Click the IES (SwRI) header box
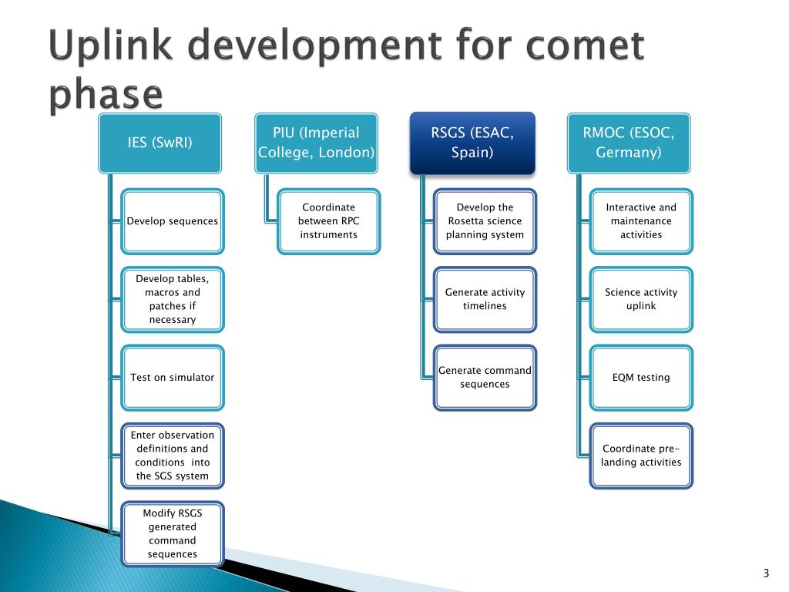click(x=159, y=143)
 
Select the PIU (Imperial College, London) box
click(x=317, y=143)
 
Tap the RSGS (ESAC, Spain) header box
click(x=472, y=143)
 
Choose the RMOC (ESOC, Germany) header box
click(x=629, y=143)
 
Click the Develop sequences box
click(x=173, y=221)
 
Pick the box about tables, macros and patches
click(x=173, y=299)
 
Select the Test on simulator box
click(x=173, y=378)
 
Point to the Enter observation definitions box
click(x=173, y=456)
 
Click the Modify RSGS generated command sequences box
click(x=173, y=533)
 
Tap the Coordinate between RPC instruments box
click(x=329, y=221)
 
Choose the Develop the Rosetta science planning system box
click(x=485, y=221)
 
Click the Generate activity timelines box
click(x=485, y=299)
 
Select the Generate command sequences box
click(x=485, y=378)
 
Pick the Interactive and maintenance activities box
click(x=641, y=221)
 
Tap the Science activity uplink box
click(x=641, y=299)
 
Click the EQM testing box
click(x=641, y=378)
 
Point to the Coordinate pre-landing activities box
click(x=641, y=456)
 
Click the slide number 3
click(x=766, y=573)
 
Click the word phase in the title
click(x=106, y=96)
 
